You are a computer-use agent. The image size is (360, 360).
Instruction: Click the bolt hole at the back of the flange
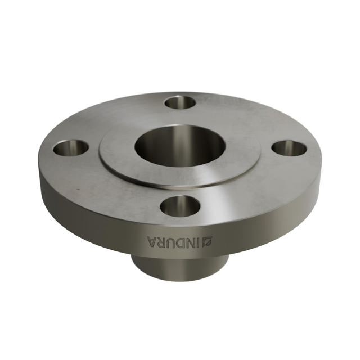181,102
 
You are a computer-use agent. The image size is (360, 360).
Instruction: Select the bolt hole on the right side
289,148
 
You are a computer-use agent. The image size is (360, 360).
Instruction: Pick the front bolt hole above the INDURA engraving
180,206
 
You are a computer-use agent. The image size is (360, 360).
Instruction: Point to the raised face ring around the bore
180,177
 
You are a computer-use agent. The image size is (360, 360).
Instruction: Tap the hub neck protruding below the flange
180,268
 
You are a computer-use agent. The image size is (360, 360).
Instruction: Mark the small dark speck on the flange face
78,190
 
